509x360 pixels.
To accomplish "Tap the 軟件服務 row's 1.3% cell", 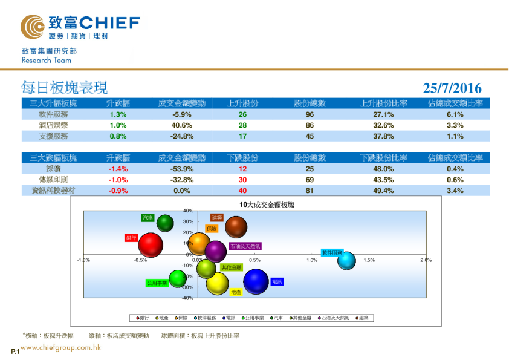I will pos(118,114).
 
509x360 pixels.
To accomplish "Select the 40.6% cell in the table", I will pos(181,125).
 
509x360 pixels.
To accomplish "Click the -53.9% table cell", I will pos(181,169).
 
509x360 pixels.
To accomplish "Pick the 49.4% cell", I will pos(384,191).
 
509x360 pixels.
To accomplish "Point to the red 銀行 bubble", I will pos(151,244).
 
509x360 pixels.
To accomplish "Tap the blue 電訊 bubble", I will pos(256,281).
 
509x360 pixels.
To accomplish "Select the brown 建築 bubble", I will pos(236,227).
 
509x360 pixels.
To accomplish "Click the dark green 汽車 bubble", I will pos(165,223).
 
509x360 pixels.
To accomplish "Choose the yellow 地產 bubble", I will pos(218,283).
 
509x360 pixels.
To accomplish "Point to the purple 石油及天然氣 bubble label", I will pos(245,247).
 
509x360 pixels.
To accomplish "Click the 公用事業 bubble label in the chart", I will pos(157,283).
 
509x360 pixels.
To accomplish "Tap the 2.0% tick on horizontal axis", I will pos(426,260).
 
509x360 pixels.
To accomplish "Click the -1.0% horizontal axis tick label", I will pos(83,260).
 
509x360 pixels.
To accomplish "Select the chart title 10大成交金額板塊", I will pos(266,206).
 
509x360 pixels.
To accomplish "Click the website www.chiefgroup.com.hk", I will pos(60,348).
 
